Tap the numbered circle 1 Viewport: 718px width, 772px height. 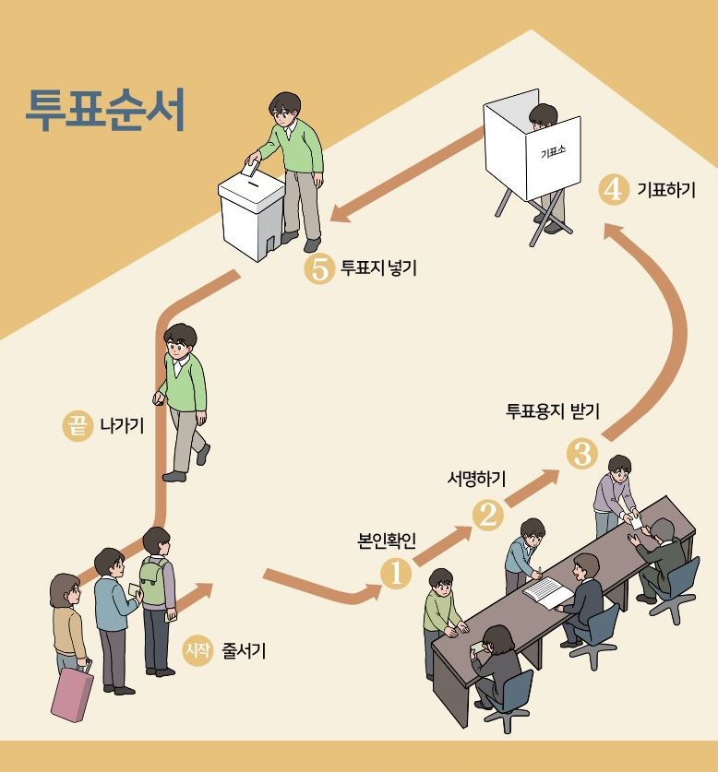coord(397,572)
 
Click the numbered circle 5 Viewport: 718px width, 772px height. coord(318,270)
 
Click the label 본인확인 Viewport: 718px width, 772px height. coord(387,540)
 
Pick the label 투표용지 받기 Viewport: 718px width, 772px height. coord(553,411)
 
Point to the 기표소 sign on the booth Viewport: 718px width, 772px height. coord(553,152)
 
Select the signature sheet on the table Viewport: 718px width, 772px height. coord(547,591)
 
